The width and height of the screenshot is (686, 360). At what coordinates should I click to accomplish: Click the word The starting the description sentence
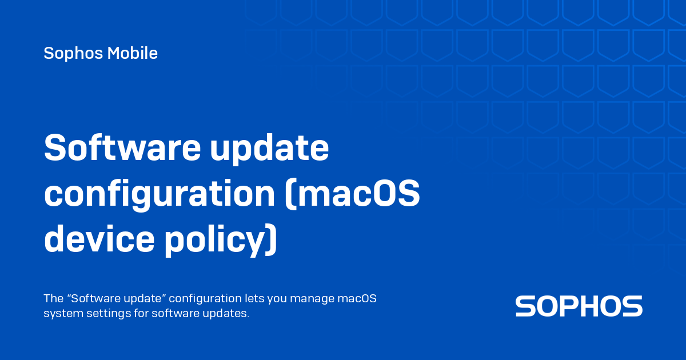click(x=53, y=299)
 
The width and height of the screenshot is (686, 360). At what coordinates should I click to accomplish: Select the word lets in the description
click(x=254, y=299)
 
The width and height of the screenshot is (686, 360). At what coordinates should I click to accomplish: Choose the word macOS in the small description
click(x=357, y=299)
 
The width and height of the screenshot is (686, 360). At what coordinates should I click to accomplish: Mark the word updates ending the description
click(x=228, y=314)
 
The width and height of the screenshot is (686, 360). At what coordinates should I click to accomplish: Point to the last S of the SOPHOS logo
click(x=632, y=306)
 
